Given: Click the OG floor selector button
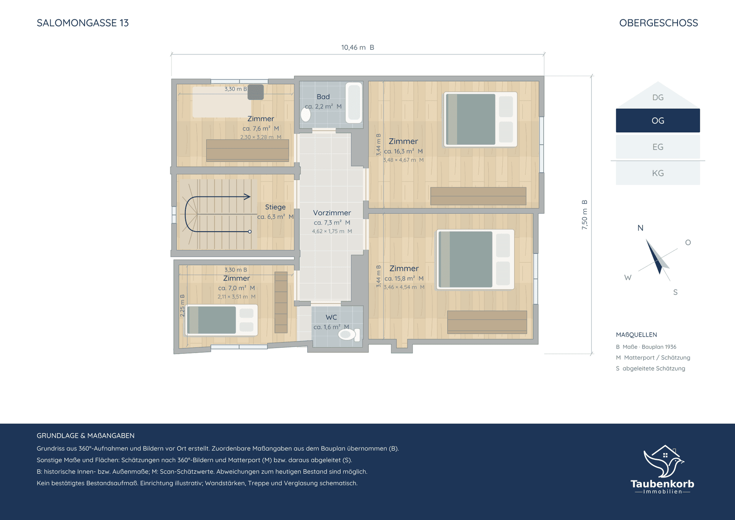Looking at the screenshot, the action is (658, 121).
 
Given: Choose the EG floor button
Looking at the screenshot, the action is (658, 147).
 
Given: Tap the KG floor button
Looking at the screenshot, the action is (658, 173).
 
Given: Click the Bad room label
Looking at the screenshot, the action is (323, 97).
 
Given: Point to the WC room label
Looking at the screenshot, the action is (331, 317).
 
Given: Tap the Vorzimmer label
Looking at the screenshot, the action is (332, 213).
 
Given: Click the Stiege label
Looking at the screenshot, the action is (275, 207).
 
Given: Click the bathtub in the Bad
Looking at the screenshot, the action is (354, 103).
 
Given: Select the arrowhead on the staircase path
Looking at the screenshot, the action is (247, 197).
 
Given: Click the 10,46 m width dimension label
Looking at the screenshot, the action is (358, 47).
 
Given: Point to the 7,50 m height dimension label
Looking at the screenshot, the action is (584, 215).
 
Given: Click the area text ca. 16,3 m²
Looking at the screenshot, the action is (403, 151).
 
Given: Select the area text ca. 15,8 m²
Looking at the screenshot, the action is (404, 278).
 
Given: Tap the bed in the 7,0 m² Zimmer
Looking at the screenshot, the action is (222, 320).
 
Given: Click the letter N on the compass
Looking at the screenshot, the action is (640, 228).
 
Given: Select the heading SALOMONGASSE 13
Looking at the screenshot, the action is (83, 23).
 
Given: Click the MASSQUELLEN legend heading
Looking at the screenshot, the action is (636, 335).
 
